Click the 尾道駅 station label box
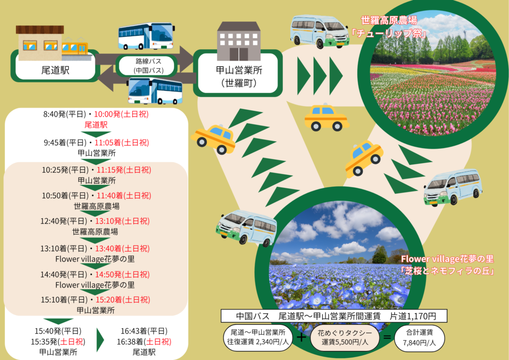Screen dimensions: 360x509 (55, 70)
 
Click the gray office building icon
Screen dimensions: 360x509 (239, 41)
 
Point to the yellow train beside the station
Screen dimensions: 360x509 (75, 46)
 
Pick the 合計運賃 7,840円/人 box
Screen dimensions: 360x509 (419, 338)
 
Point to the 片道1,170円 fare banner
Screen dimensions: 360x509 (334, 316)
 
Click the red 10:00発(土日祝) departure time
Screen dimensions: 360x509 (124, 114)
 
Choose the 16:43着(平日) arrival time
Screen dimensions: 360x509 (144, 331)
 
